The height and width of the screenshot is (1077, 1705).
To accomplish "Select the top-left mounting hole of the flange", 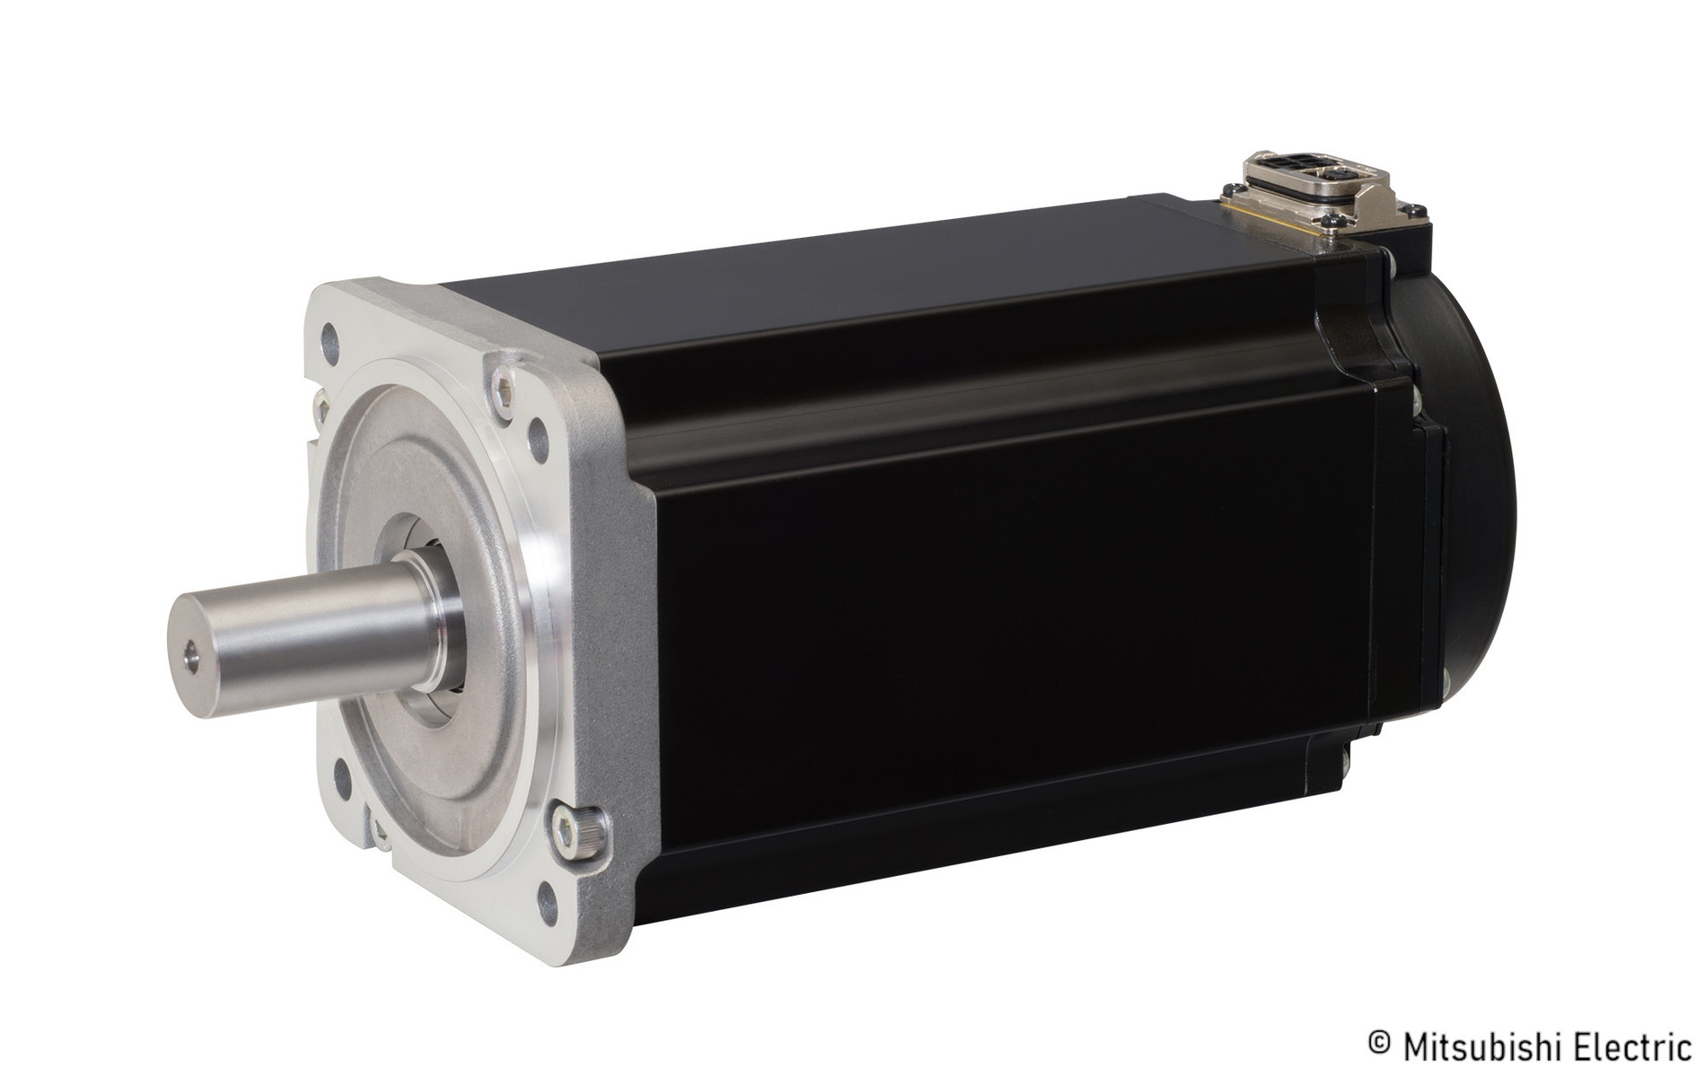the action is click(x=330, y=337).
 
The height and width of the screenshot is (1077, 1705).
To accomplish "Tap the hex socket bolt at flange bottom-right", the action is click(x=566, y=832).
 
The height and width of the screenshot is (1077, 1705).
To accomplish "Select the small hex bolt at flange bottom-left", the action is click(x=378, y=830).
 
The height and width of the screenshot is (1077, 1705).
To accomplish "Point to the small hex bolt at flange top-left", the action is click(x=320, y=407).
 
